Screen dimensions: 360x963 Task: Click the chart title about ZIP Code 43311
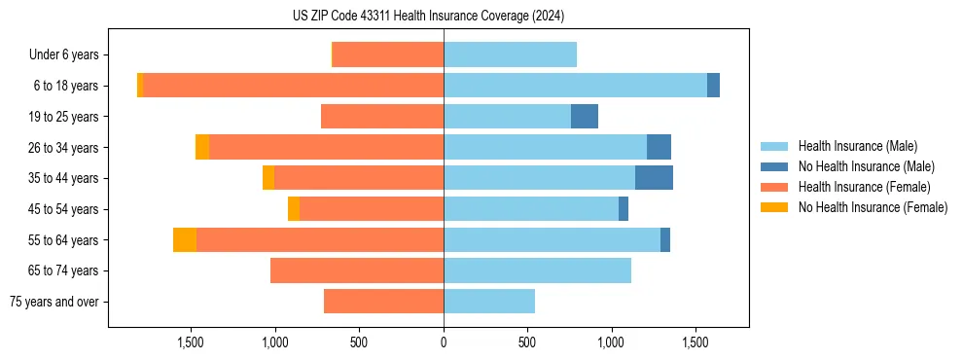(428, 17)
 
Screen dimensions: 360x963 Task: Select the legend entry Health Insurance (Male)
(857, 146)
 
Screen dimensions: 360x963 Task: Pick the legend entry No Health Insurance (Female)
(873, 207)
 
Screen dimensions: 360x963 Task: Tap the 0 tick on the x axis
(444, 342)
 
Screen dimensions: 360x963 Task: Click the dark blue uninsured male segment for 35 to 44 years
(654, 178)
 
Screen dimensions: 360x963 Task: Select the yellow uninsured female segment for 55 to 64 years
(185, 239)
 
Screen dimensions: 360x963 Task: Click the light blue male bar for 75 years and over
(489, 302)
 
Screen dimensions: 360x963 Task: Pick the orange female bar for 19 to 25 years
(382, 117)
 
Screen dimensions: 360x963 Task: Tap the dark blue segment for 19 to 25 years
(585, 117)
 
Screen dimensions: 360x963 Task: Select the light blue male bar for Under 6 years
(510, 54)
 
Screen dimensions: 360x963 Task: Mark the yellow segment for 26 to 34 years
(202, 147)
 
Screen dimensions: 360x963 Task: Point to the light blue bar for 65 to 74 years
(537, 270)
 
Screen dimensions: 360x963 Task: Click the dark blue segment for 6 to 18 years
(713, 86)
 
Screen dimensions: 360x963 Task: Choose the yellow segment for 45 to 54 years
(294, 209)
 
